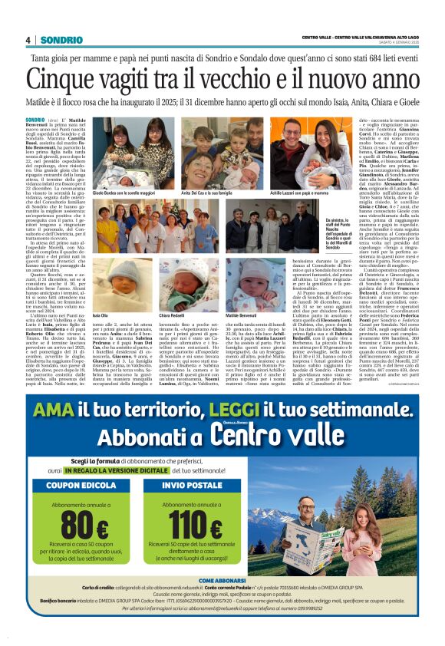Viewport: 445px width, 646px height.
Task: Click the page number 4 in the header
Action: [x=28, y=40]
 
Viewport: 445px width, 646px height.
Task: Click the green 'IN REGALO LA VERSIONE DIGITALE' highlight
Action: [x=132, y=469]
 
